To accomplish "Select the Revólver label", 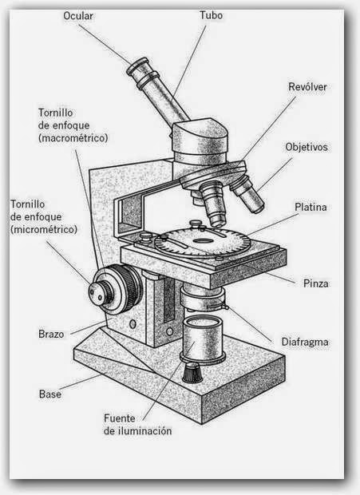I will (x=308, y=87).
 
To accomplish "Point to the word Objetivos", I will (x=307, y=148).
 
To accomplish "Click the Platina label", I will (x=311, y=207).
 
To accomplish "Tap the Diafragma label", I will (x=304, y=343).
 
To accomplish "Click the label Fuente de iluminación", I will (x=137, y=424).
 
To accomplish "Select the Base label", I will (x=50, y=394).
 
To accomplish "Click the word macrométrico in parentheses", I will (x=72, y=138).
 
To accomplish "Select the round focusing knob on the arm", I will (x=107, y=288).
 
